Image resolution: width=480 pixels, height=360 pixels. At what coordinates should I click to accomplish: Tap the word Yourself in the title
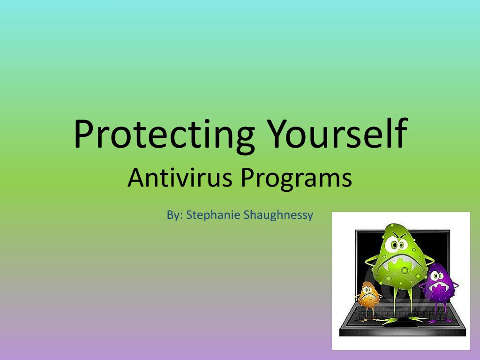click(x=337, y=134)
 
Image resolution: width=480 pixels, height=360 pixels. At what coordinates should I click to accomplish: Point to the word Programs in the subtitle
click(x=296, y=180)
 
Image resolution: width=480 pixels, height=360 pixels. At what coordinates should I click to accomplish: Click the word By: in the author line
click(x=175, y=215)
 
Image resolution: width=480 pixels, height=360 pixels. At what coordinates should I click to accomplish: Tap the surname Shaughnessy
click(x=278, y=215)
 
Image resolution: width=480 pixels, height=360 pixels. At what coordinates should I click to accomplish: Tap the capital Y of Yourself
click(x=279, y=134)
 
